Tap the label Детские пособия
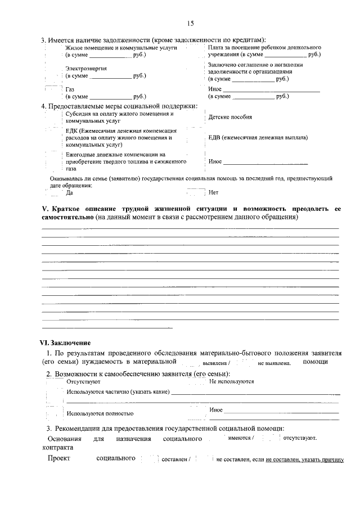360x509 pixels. tap(230, 117)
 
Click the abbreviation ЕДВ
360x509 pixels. tap(214, 137)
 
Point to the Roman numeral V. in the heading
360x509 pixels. tap(47, 209)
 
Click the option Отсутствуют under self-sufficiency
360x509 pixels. tap(83, 381)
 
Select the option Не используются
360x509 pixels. tap(231, 381)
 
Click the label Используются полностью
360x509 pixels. tap(100, 413)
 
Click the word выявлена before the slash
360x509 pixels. tap(214, 363)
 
